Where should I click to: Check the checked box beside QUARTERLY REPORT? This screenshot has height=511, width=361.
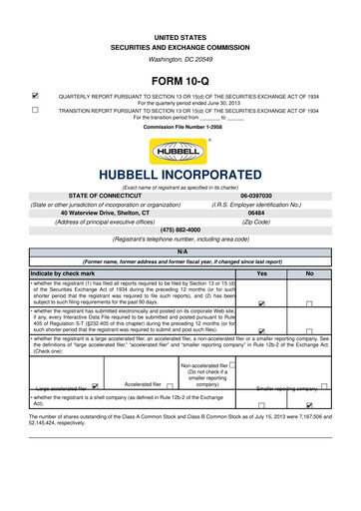[x=37, y=96]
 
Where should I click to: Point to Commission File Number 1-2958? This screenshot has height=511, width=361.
[x=180, y=130]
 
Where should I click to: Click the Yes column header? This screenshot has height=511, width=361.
[x=261, y=272]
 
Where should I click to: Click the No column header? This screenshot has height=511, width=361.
[x=310, y=272]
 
